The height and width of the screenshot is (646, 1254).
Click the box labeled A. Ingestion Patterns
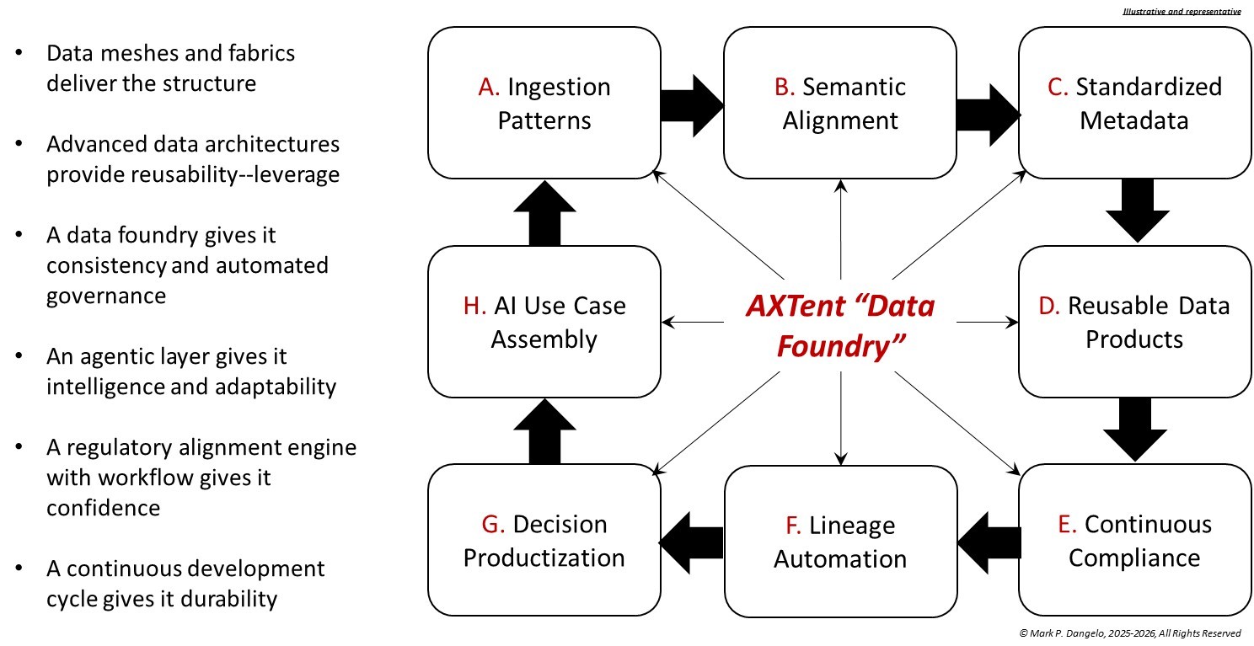[544, 103]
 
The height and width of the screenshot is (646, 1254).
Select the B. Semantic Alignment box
[839, 103]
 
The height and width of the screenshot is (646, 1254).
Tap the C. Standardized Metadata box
[1134, 103]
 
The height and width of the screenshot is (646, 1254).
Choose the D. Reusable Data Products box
[1134, 322]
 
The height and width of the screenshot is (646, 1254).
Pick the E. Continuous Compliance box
[1134, 541]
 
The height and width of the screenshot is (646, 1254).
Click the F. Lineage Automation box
[839, 541]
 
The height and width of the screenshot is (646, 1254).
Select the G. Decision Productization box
[544, 541]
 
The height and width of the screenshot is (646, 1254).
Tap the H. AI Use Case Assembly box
[544, 322]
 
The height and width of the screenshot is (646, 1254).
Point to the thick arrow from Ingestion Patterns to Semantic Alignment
[692, 103]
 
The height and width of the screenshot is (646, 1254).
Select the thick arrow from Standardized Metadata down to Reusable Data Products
[1134, 211]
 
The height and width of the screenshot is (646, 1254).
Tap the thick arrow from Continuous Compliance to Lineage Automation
[988, 541]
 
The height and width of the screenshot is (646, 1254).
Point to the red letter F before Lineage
[793, 526]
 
